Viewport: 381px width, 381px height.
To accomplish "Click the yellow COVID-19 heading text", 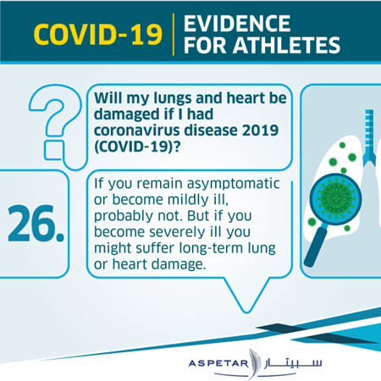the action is point(98,34).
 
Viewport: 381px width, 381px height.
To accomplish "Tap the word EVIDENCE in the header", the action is point(237,24).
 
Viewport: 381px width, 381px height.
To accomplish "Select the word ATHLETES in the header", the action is point(286,45).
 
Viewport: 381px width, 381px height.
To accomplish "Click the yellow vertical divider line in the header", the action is point(174,35).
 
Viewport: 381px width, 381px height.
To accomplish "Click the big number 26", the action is point(36,224).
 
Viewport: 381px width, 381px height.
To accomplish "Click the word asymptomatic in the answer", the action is point(233,184).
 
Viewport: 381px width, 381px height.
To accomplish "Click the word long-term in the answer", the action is point(211,249).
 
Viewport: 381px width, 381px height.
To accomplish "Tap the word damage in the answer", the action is point(178,265).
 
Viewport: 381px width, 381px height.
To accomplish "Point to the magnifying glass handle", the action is point(316,247).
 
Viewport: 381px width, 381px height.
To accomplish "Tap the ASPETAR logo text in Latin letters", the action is point(218,363).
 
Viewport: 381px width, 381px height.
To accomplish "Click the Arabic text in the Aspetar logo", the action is point(293,363).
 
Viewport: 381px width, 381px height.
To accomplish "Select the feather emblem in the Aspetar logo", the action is point(253,364).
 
